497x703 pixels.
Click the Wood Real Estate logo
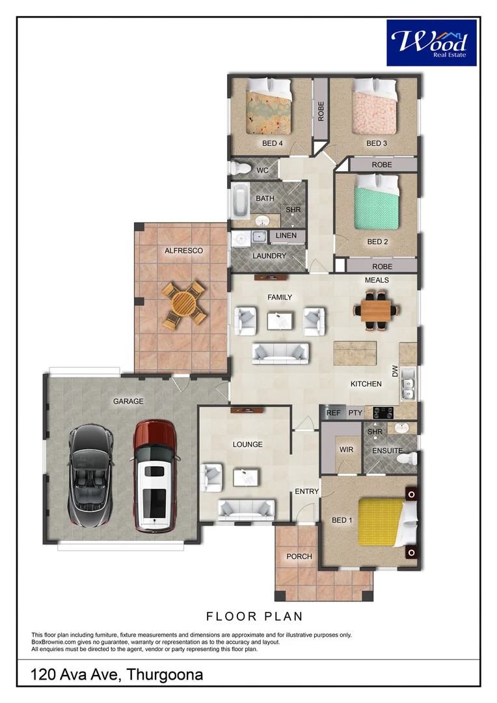coord(431,42)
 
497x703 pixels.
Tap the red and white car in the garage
coord(155,476)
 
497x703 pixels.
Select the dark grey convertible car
coord(90,476)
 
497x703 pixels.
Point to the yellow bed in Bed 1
coord(388,522)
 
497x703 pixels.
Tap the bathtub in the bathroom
coord(240,200)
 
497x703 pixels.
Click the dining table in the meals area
coord(377,310)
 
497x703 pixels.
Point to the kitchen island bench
coord(355,353)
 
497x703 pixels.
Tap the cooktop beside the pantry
coord(384,413)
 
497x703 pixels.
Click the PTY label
coord(355,413)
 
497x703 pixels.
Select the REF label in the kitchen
coord(334,413)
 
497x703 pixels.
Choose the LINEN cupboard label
coord(286,236)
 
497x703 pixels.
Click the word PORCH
coord(299,557)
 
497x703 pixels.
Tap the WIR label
coord(347,449)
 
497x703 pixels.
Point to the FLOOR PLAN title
coord(254,616)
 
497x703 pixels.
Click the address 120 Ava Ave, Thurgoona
coord(116,674)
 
